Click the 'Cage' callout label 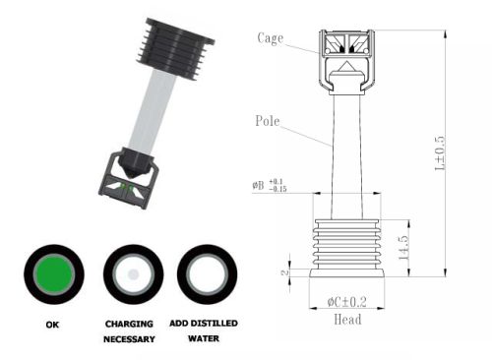(271, 37)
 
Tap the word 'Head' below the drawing (347, 319)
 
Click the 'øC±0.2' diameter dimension (347, 302)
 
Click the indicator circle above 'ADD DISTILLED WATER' (206, 275)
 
